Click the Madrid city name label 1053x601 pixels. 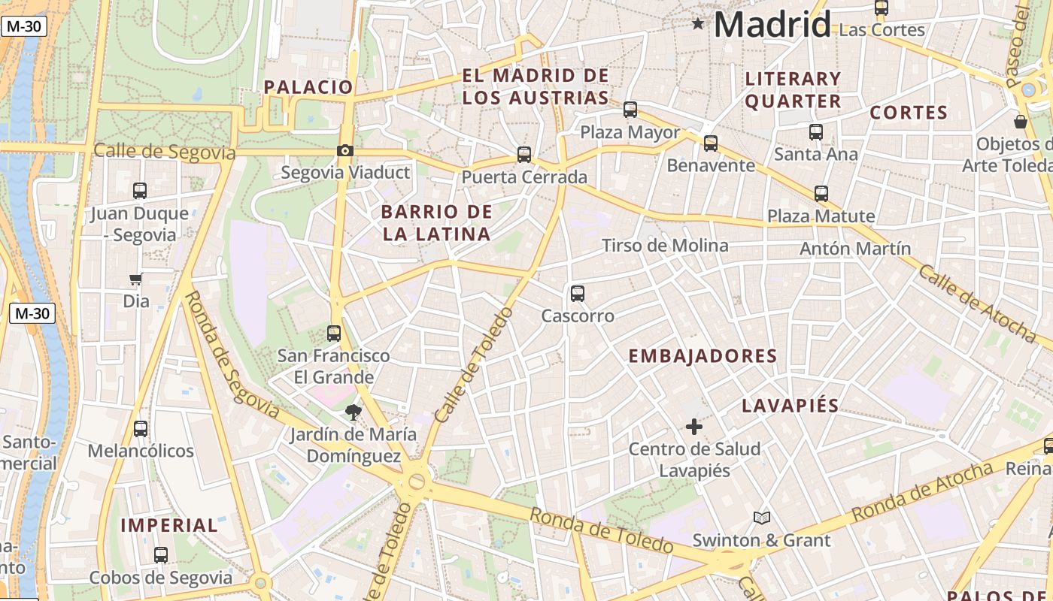[x=772, y=25]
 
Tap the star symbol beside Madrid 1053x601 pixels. [x=698, y=24]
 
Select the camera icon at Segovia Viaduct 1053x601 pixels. [x=344, y=150]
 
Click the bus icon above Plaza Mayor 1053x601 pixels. [x=630, y=110]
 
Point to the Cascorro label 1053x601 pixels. [x=578, y=316]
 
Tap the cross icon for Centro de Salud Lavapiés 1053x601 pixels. [x=694, y=427]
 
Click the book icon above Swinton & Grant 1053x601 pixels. [x=762, y=518]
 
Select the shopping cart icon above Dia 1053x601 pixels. [x=135, y=279]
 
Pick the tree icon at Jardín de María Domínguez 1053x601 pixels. [x=353, y=412]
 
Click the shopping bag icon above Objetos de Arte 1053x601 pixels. [x=1021, y=121]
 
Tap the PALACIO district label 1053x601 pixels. [x=308, y=87]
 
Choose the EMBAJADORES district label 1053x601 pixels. [x=703, y=356]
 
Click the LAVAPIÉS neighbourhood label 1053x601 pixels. [x=790, y=406]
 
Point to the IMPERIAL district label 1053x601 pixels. [x=169, y=525]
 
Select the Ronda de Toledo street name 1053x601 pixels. [x=601, y=530]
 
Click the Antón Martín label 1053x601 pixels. [x=855, y=249]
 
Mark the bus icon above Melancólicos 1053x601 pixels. [x=141, y=429]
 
